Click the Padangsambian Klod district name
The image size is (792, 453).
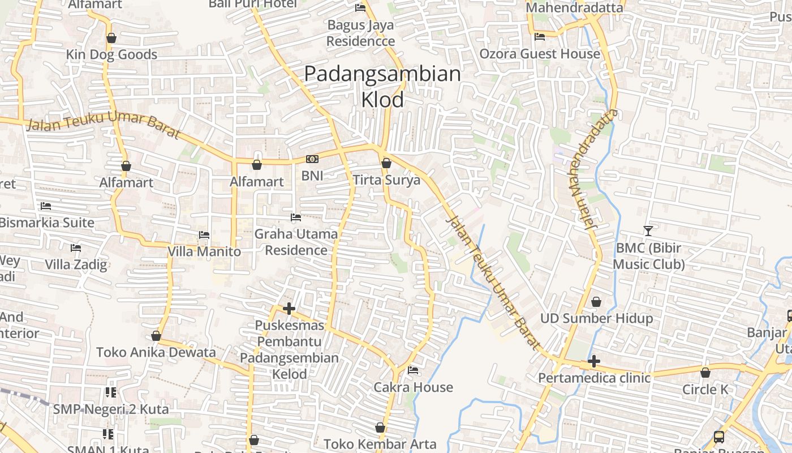(382, 87)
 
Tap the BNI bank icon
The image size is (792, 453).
(312, 159)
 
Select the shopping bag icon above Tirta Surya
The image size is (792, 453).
(386, 164)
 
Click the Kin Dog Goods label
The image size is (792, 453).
(111, 54)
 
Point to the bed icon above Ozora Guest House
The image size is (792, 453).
(540, 37)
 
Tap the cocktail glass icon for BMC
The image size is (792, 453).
(648, 230)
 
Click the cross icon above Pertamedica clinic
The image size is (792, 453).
(594, 361)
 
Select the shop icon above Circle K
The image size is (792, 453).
(705, 373)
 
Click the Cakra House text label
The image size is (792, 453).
(414, 387)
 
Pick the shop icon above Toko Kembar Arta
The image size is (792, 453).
(380, 428)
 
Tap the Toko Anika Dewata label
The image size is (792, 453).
(156, 352)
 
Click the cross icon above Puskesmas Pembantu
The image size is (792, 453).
(289, 309)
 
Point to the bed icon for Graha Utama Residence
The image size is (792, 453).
(295, 217)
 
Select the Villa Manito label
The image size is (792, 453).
(204, 251)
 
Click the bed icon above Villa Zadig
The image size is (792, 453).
(76, 248)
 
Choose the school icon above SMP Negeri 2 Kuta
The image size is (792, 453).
(110, 392)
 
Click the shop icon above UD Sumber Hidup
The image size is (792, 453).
(596, 302)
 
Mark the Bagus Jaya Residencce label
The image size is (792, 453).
(360, 33)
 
